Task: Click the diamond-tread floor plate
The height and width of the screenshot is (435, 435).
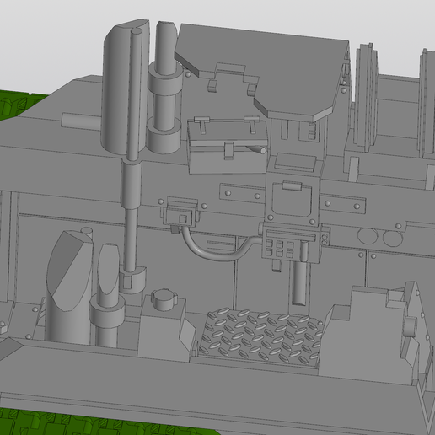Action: click(x=261, y=337)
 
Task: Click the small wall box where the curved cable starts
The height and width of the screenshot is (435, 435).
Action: click(x=180, y=211)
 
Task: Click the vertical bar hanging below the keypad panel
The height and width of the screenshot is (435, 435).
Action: click(x=298, y=282)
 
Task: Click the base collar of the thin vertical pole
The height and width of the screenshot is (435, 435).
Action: click(x=131, y=277)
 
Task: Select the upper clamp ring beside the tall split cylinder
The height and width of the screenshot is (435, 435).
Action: click(x=165, y=83)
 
